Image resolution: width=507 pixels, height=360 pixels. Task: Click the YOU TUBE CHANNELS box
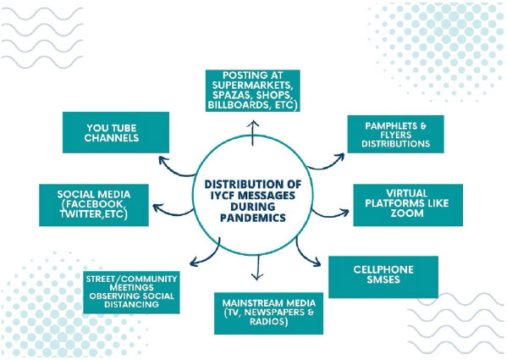point(116,133)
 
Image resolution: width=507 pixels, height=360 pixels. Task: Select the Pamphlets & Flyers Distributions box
point(395,134)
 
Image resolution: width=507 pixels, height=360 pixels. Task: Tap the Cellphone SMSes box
point(383,277)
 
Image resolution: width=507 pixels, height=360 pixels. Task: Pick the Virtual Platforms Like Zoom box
point(408,205)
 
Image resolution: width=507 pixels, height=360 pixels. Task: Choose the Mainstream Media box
point(268,313)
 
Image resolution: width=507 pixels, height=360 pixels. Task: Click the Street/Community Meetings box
point(131,292)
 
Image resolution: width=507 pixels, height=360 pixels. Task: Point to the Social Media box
point(94,205)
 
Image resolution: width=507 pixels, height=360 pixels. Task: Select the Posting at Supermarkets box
point(253,91)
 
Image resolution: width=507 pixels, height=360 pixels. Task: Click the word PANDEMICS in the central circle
point(253,218)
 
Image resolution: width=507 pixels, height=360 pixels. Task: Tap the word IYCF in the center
point(223,196)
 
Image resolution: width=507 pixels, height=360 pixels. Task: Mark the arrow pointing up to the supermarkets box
point(253,133)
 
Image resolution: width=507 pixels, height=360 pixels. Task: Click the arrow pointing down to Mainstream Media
point(257,268)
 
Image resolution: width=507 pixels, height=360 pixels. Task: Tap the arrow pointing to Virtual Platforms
point(330,215)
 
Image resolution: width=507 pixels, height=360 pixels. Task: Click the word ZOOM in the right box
point(407,213)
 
